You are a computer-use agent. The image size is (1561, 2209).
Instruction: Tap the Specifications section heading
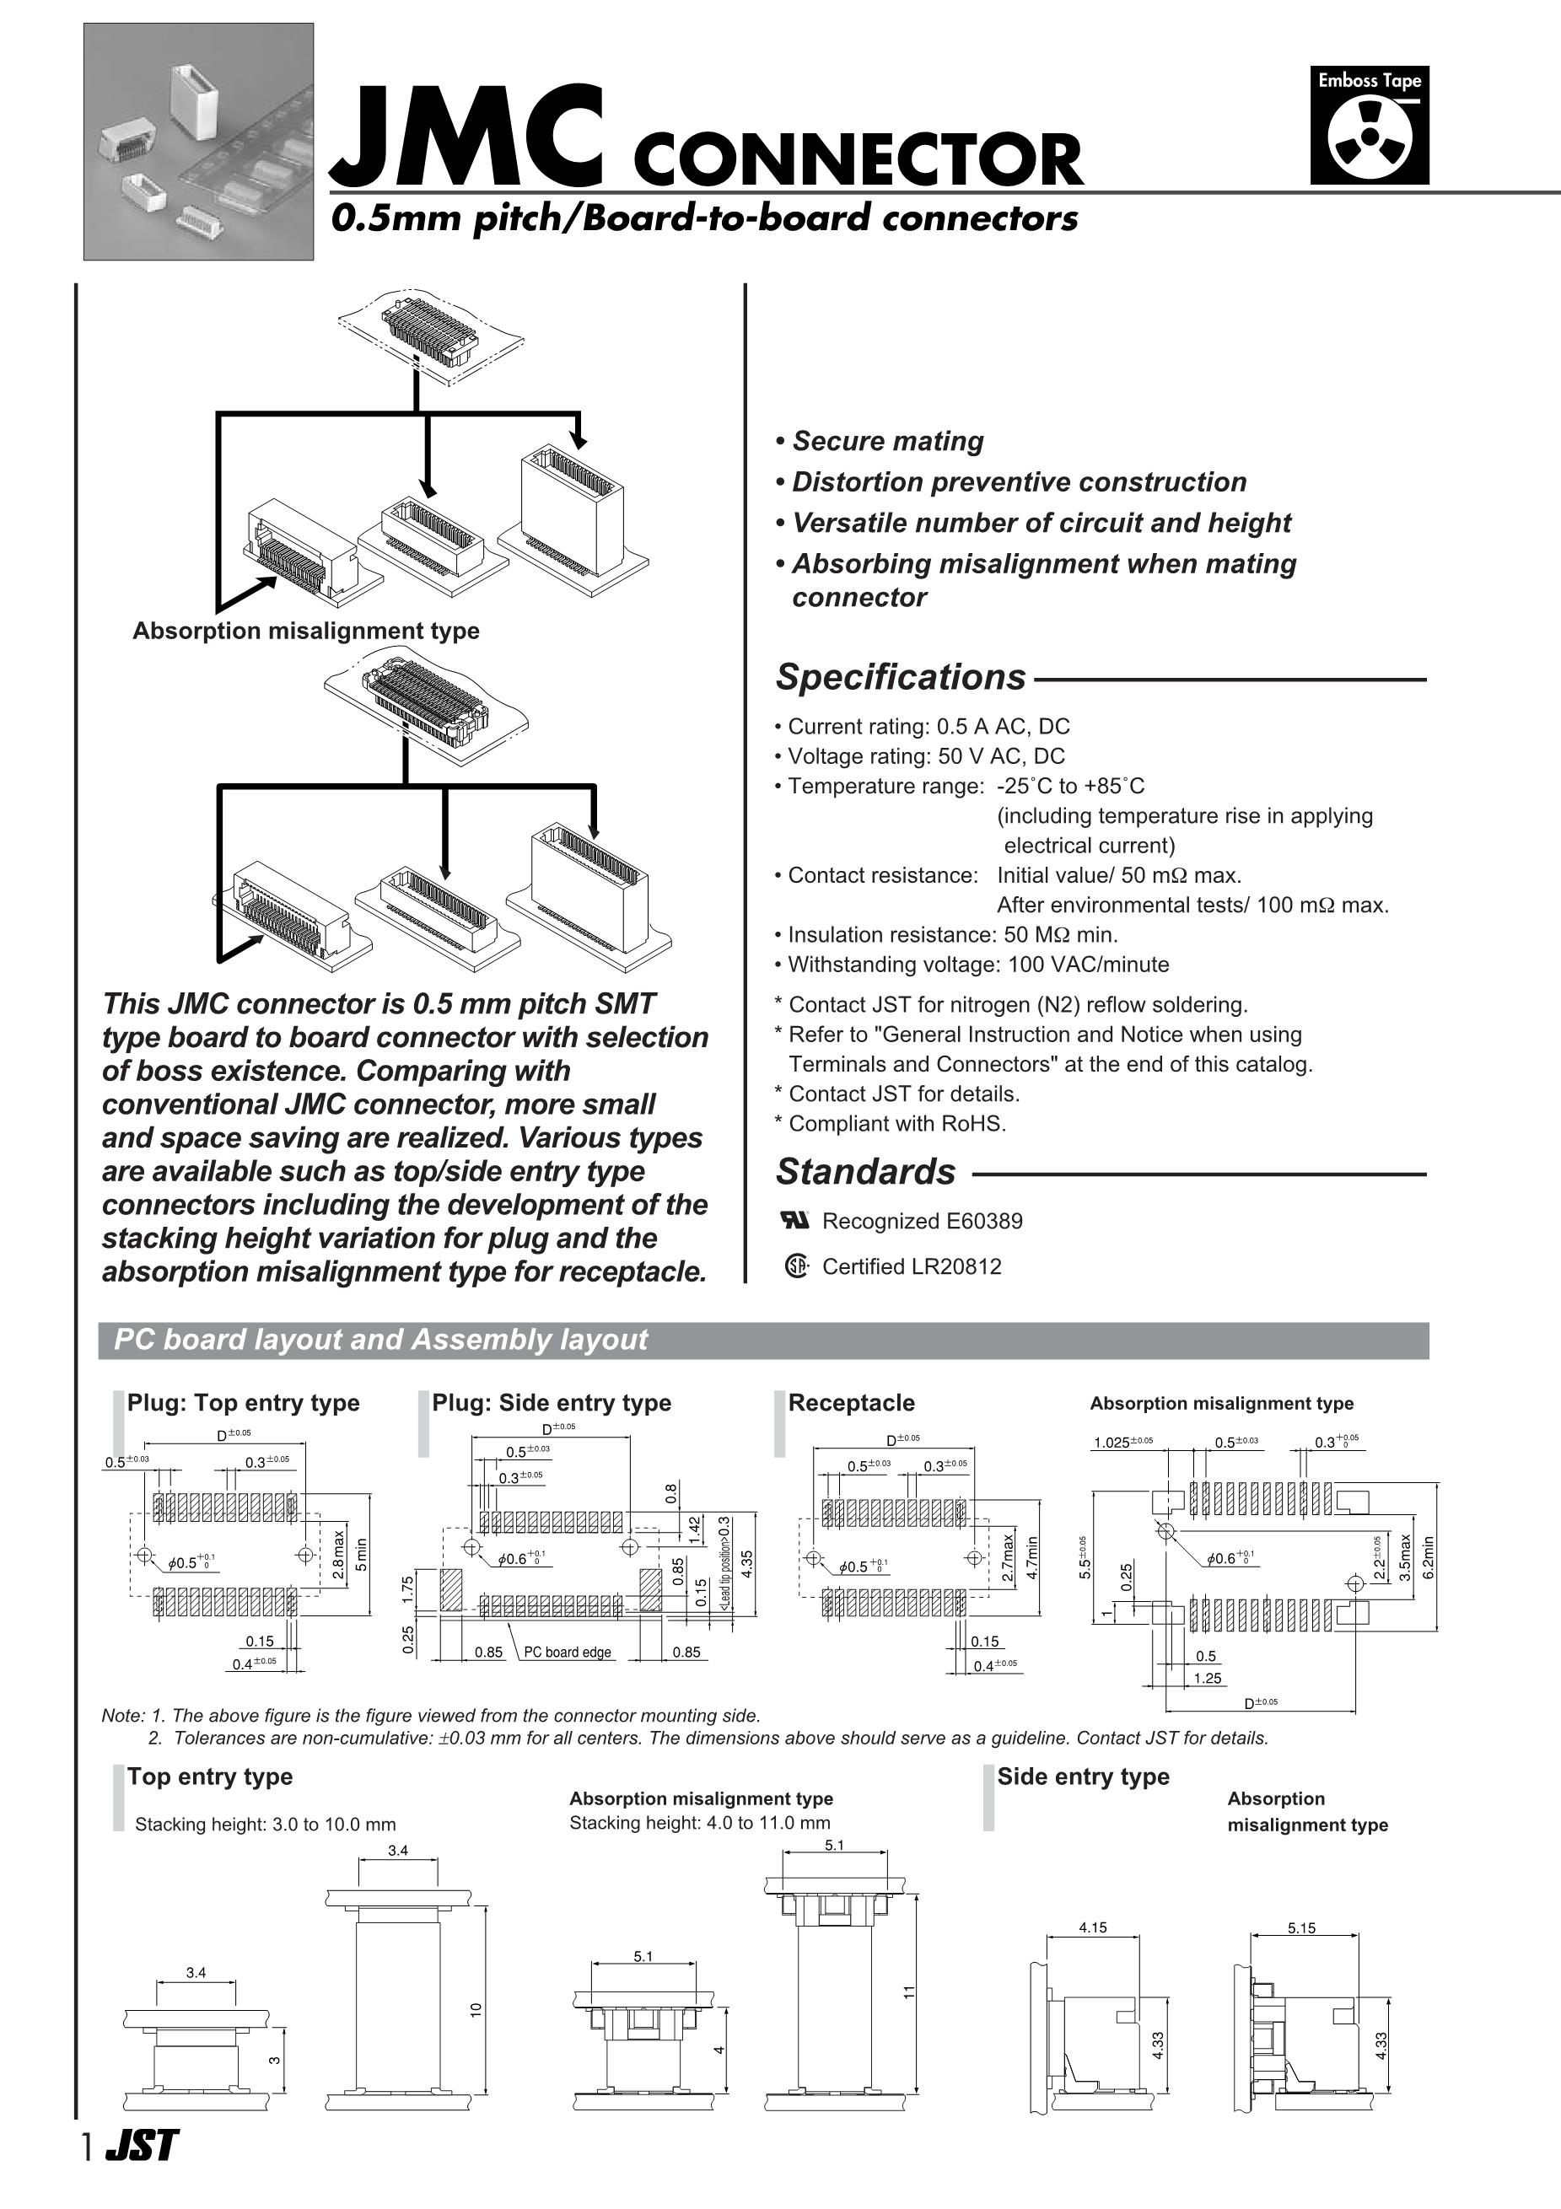coord(901,677)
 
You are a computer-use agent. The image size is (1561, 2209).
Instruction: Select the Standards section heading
coord(865,1172)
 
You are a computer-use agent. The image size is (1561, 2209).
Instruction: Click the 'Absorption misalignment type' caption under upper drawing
coord(305,632)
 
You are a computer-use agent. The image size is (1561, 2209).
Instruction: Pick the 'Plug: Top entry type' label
coord(244,1403)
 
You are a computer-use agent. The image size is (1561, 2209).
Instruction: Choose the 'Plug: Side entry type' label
coord(552,1403)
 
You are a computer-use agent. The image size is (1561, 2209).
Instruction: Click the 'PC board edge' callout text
coord(568,1652)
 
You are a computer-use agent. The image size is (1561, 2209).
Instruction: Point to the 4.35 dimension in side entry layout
coord(747,1562)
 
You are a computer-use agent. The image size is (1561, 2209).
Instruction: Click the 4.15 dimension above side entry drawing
coord(1092,1927)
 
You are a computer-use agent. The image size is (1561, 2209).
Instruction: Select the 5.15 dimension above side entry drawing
coord(1301,1927)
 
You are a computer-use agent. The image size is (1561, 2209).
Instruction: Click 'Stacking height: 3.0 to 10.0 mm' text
coord(265,1825)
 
